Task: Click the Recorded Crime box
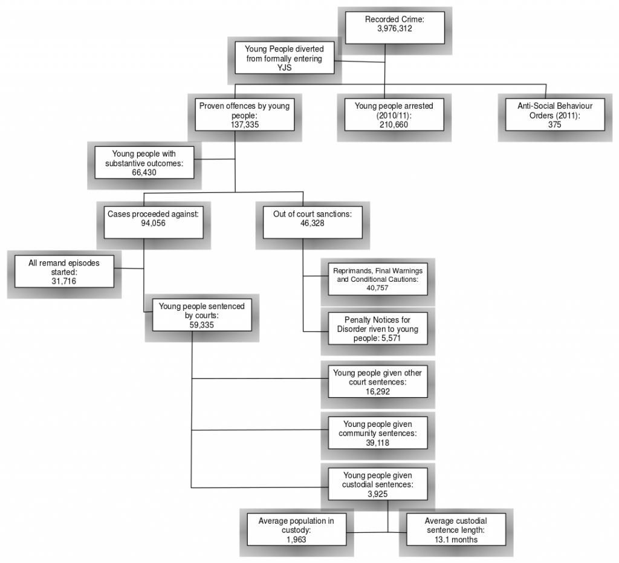click(395, 28)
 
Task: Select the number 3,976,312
click(394, 28)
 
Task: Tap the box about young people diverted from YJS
click(284, 58)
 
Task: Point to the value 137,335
click(245, 125)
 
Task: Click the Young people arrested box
click(394, 114)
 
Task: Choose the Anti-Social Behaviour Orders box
click(555, 114)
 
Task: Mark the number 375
click(555, 125)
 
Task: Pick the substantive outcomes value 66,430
click(144, 172)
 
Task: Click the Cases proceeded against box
click(154, 223)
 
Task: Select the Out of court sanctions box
click(313, 223)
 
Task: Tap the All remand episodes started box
click(64, 272)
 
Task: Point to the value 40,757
click(377, 288)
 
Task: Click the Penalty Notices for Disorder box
click(378, 328)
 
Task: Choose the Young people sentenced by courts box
click(202, 314)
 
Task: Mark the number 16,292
click(378, 392)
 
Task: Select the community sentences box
click(378, 433)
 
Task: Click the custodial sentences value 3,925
click(378, 494)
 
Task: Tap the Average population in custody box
click(296, 530)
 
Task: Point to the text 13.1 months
click(456, 539)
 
